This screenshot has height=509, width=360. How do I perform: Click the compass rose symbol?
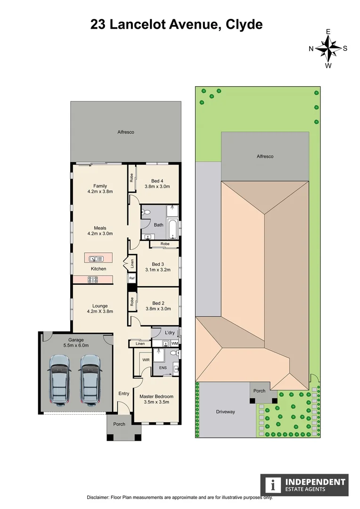click(x=328, y=48)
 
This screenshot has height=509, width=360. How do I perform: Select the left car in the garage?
click(x=60, y=380)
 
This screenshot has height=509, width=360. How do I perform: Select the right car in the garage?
click(x=90, y=380)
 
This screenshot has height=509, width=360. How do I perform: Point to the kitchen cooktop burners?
click(x=92, y=279)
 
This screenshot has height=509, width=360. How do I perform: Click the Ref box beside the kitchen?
click(x=132, y=278)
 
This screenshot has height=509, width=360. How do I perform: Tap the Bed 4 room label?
click(x=157, y=181)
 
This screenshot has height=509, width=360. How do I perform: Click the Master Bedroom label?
click(x=156, y=396)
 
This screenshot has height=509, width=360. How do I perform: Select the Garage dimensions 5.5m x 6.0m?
click(x=76, y=345)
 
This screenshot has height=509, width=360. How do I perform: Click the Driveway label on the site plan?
click(x=225, y=411)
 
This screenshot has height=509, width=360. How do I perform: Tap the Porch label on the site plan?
click(x=259, y=391)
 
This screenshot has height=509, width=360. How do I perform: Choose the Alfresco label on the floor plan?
click(x=126, y=132)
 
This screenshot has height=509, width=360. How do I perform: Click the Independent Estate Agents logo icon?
click(x=272, y=485)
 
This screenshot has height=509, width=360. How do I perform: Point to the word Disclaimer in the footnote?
click(x=98, y=498)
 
